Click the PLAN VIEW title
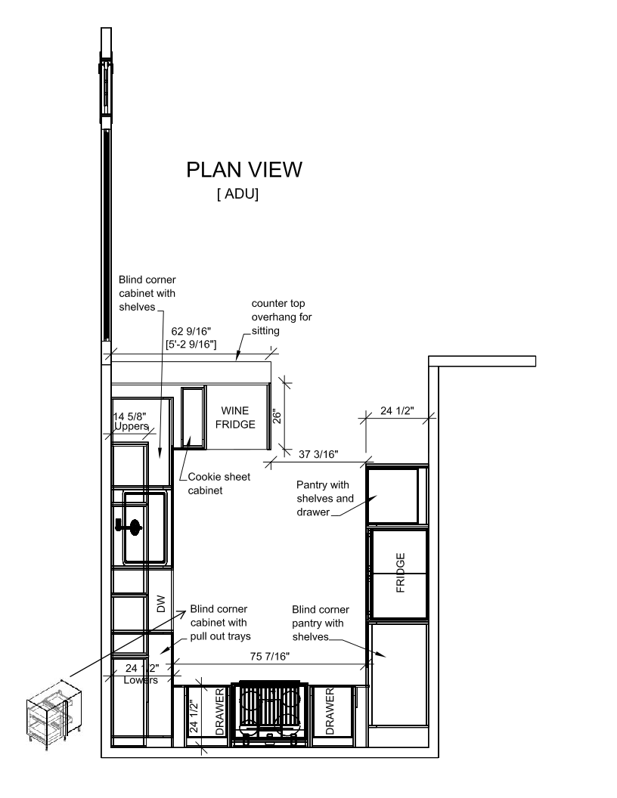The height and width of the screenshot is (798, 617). pos(244,170)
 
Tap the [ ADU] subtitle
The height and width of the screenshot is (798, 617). pos(237,194)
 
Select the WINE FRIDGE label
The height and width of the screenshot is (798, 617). pos(235,417)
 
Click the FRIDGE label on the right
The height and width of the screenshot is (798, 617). pos(401,573)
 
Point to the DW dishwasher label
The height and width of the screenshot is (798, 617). pos(161,604)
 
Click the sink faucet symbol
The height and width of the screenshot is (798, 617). pos(129,526)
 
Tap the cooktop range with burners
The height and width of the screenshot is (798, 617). pos(271,713)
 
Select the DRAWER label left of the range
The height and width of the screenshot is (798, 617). pos(219,712)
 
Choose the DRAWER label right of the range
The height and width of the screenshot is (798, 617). pos(330,712)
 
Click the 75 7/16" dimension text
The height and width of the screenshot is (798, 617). pos(270,657)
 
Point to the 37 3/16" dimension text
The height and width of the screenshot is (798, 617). pos(318,454)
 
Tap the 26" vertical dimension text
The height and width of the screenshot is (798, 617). pos(277,417)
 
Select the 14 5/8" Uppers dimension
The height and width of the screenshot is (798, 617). pos(131,422)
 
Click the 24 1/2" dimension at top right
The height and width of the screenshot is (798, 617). pos(397,410)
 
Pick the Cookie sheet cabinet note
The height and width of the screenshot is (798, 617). pos(219,484)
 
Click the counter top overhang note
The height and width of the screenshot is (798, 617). pos(281,317)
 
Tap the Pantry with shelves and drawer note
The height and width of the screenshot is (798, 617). pos(325,498)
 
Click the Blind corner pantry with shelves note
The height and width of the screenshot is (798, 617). pos(320,623)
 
